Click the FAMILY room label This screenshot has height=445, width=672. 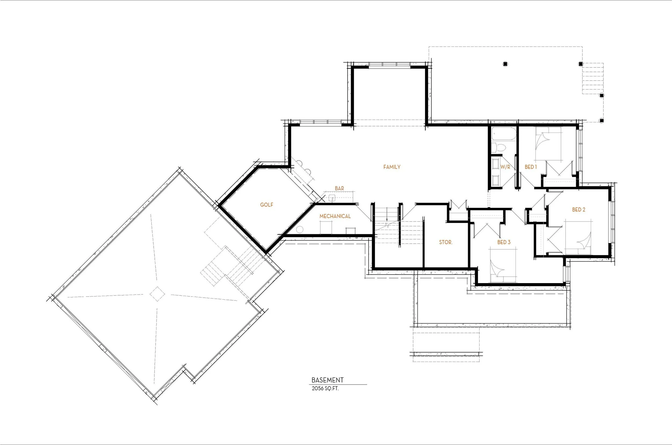pyautogui.click(x=392, y=167)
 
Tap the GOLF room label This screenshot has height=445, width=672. pyautogui.click(x=267, y=205)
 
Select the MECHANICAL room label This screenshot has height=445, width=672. pyautogui.click(x=335, y=216)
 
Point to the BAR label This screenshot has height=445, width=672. pyautogui.click(x=339, y=188)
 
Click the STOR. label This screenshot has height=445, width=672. pyautogui.click(x=446, y=242)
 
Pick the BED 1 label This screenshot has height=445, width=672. pyautogui.click(x=530, y=167)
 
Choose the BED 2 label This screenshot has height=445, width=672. pyautogui.click(x=579, y=210)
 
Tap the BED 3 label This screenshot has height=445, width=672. pyautogui.click(x=504, y=242)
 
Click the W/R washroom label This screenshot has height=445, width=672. pyautogui.click(x=505, y=167)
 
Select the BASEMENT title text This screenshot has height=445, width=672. pyautogui.click(x=327, y=380)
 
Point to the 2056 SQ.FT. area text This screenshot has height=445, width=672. pyautogui.click(x=325, y=389)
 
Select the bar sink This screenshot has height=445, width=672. pyautogui.click(x=332, y=198)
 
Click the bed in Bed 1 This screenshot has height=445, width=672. pyautogui.click(x=548, y=144)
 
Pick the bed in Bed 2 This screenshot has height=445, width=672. pyautogui.click(x=579, y=237)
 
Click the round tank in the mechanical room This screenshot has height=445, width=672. pyautogui.click(x=299, y=229)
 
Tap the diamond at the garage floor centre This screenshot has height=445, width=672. pyautogui.click(x=157, y=294)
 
